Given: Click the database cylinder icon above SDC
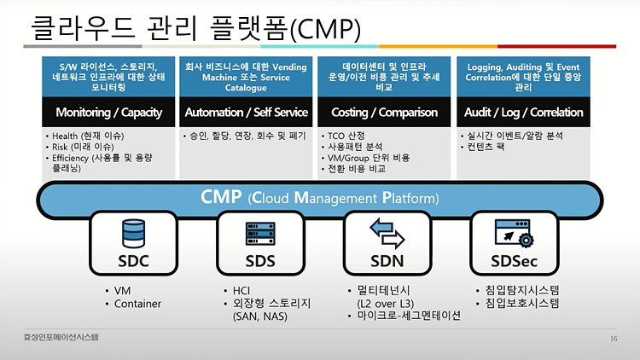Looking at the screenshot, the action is tap(133, 234).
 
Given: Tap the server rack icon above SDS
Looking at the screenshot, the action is tap(260, 234).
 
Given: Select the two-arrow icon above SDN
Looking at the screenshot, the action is tap(387, 234).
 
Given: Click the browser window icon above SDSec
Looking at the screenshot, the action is tap(514, 233).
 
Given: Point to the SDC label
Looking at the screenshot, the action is tap(133, 261).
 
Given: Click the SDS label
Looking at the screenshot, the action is tap(260, 261).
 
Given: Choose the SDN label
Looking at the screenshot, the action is tap(387, 261).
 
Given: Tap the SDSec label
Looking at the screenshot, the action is tap(514, 261).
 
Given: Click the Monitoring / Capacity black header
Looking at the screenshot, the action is tap(108, 113).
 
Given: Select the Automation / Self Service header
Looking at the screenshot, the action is tap(246, 113).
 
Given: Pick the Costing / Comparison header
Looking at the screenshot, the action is tap(384, 113).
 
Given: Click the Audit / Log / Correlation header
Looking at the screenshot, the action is tap(523, 113).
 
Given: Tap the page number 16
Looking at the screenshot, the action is tap(614, 339).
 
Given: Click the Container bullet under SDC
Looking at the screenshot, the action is tap(137, 304).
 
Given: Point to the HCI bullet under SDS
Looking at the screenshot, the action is tap(241, 291).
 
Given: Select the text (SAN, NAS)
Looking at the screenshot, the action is tap(260, 316).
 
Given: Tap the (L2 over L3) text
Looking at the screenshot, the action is tap(386, 304).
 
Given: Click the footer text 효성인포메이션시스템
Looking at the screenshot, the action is tap(61, 337).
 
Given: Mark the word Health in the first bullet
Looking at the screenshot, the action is tap(65, 136).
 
